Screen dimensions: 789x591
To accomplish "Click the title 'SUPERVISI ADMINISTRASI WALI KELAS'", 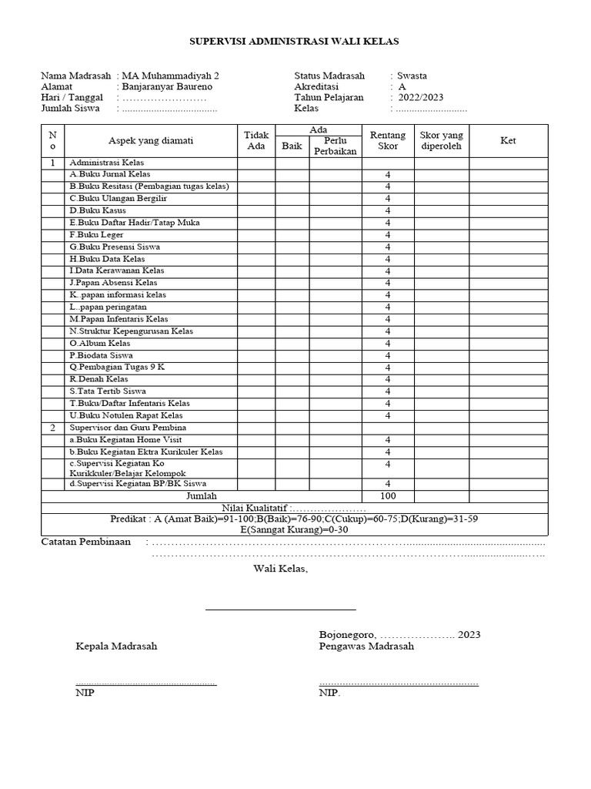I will coord(295,41).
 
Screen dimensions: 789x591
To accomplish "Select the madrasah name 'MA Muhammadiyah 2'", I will coord(170,76).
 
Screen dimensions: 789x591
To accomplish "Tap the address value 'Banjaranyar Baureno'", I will coord(167,87).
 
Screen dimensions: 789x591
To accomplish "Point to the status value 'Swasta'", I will coord(412,76).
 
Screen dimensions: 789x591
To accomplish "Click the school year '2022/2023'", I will coord(420,98).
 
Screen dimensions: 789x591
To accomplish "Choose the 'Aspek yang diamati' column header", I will coord(151,140).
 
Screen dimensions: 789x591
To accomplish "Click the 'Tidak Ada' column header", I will coord(255,140).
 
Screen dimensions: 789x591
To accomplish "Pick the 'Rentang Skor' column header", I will coord(388,140).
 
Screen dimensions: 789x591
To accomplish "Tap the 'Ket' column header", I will coord(508,141).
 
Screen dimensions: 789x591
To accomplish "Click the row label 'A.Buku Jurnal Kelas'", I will coord(110,175).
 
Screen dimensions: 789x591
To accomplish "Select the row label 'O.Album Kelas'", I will coord(100,343).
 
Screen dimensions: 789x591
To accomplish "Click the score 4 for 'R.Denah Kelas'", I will coord(388,379).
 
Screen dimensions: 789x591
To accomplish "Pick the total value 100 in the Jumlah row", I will coord(388,495).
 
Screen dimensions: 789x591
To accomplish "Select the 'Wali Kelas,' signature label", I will coord(281,569).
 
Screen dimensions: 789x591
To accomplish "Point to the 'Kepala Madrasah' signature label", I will coord(116,646).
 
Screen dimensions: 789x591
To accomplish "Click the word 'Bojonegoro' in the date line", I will coord(346,634).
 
